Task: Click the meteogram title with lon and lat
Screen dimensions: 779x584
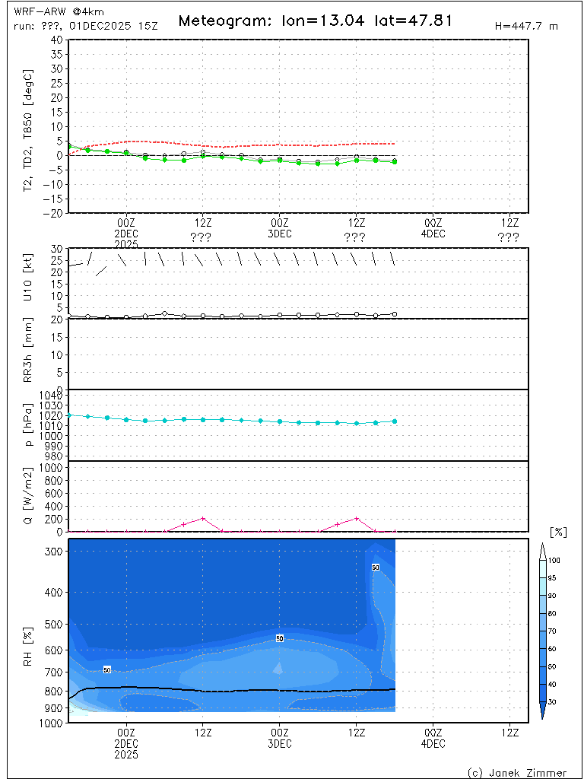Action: [x=315, y=21]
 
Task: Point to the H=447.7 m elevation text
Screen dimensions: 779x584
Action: [x=526, y=26]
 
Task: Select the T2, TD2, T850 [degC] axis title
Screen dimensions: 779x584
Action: [x=29, y=126]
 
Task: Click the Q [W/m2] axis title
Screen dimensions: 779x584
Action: [x=29, y=496]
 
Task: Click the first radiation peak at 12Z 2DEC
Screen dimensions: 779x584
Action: [x=203, y=518]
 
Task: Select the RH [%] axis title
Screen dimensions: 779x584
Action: [x=29, y=631]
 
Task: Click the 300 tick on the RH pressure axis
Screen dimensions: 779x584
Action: [x=56, y=552]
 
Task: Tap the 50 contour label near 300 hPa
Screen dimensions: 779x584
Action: [x=376, y=568]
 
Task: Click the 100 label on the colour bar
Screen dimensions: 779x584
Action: [x=554, y=560]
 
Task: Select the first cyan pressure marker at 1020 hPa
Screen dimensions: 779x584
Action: [x=69, y=415]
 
